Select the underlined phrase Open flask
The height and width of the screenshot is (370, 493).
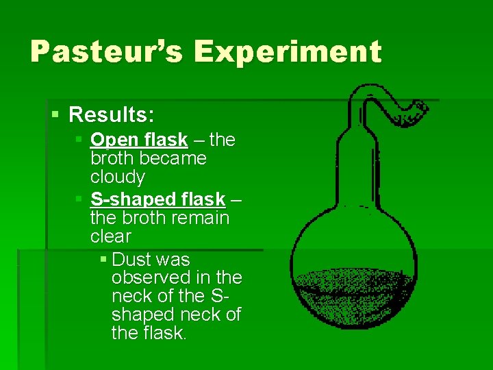(139, 140)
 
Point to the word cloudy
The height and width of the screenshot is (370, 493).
(118, 177)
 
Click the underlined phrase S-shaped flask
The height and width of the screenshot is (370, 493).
(157, 199)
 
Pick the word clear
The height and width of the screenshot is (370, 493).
(111, 236)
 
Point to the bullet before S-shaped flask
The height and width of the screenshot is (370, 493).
(79, 199)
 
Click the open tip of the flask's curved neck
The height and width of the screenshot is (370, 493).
(422, 108)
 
